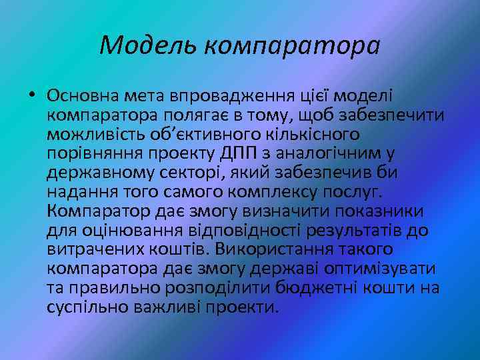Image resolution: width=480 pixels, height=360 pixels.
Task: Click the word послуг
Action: pos(353,193)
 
